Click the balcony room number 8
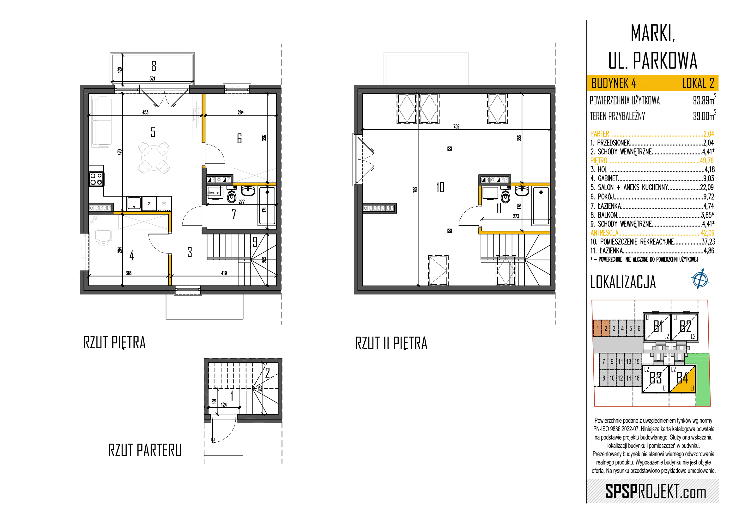(x=154, y=66)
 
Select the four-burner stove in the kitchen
(x=96, y=179)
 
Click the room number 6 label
(x=239, y=138)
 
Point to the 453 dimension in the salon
(x=145, y=112)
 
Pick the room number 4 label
(x=132, y=256)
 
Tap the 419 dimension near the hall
(x=224, y=273)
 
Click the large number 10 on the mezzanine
(x=440, y=187)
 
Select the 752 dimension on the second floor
(x=457, y=127)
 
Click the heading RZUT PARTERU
(x=145, y=450)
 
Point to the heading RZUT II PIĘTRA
(x=391, y=343)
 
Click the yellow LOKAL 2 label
(x=698, y=84)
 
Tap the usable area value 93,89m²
(x=704, y=100)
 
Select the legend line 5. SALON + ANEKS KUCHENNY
(x=652, y=187)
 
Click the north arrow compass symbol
(x=700, y=279)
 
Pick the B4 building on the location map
(x=683, y=379)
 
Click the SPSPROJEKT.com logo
(x=656, y=491)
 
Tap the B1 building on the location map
(x=657, y=327)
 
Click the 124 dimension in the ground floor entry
(x=224, y=405)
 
